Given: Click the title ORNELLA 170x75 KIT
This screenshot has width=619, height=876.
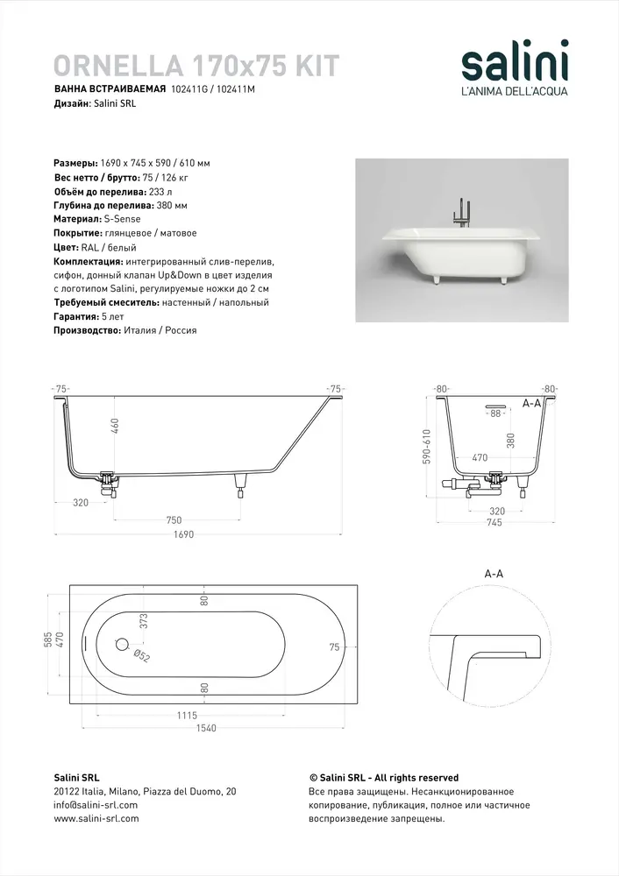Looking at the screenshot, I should click(x=196, y=66).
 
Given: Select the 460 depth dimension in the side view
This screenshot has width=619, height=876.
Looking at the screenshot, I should click(x=115, y=426).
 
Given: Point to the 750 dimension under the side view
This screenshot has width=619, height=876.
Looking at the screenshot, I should click(x=174, y=520).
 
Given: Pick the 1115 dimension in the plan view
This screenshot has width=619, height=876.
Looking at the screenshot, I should click(x=186, y=715).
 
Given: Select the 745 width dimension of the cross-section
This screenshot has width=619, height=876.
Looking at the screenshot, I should click(x=494, y=523).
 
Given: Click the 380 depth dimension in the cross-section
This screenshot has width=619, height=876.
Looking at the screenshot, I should click(x=510, y=441).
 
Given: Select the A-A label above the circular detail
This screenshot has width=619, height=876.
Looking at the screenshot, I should click(x=494, y=574).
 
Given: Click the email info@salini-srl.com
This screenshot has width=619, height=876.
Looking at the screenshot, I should click(x=96, y=805).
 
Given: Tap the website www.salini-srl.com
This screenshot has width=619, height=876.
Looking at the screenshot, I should click(x=96, y=819).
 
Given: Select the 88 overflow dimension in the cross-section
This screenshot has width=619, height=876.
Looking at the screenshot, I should click(x=495, y=413).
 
